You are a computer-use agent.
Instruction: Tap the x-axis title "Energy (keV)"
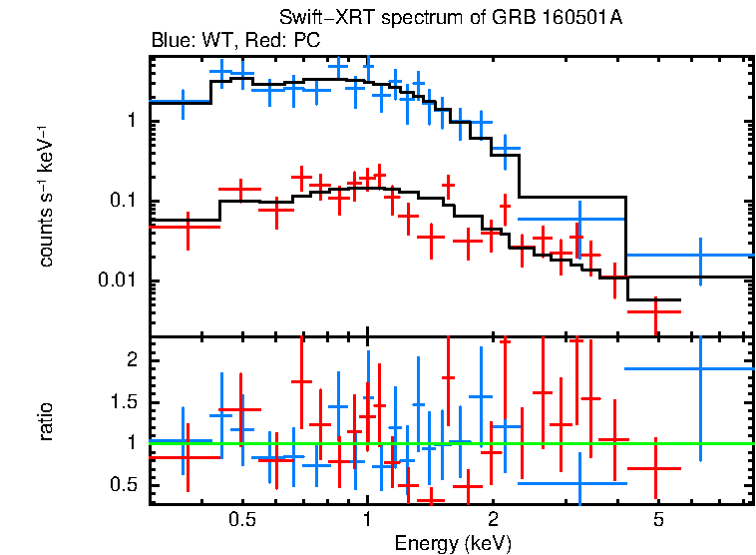[453, 543]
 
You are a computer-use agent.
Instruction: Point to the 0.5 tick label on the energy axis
[240, 520]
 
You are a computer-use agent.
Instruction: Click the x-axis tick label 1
[367, 520]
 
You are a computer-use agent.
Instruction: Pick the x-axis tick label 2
[493, 520]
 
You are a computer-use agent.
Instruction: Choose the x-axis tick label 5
[658, 520]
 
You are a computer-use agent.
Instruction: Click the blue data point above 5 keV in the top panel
[700, 256]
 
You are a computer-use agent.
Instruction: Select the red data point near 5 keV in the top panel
[655, 311]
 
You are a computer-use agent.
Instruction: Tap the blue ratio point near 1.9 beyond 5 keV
[700, 368]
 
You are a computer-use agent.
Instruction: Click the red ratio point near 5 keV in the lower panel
[655, 468]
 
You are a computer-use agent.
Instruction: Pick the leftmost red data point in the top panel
[188, 227]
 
